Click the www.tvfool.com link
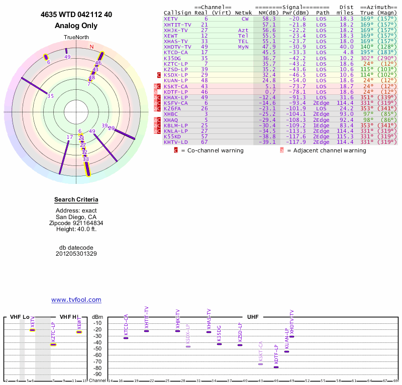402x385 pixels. point(76,300)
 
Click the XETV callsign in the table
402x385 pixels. point(171,19)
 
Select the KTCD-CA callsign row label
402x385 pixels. point(176,52)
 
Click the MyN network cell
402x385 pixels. point(244,47)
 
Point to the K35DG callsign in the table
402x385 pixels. point(173,58)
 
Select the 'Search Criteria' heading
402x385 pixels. point(76,200)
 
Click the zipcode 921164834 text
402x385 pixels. point(76,223)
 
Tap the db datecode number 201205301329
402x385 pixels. point(76,254)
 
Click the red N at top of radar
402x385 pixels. point(91,47)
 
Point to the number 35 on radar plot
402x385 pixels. point(50,96)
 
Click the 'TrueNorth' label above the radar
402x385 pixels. point(76,38)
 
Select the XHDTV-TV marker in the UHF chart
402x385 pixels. point(291,337)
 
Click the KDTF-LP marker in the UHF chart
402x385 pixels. point(276,367)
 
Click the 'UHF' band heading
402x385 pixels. point(252,317)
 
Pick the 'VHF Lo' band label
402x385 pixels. point(20,317)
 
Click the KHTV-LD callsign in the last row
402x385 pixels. point(176,142)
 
